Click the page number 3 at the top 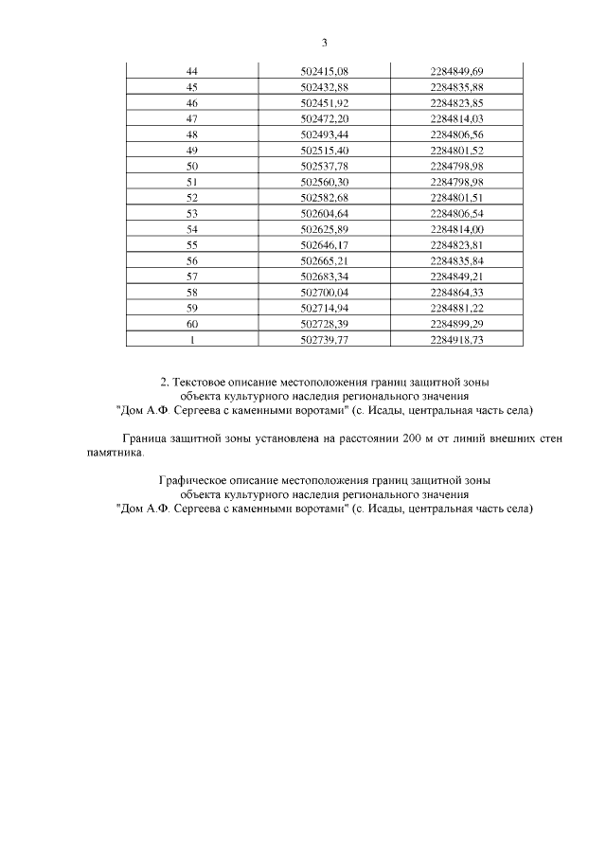click(324, 43)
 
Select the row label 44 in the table click(192, 71)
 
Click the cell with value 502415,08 click(325, 71)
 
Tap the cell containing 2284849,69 click(457, 71)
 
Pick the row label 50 click(192, 166)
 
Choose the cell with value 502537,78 click(325, 166)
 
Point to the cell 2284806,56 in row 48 click(457, 134)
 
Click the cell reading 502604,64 click(325, 214)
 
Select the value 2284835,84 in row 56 click(457, 261)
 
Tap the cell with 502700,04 click(325, 294)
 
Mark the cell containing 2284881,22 click(457, 309)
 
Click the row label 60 click(192, 325)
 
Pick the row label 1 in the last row click(192, 341)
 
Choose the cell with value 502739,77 click(325, 341)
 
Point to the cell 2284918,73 click(457, 341)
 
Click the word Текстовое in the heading click(201, 382)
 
